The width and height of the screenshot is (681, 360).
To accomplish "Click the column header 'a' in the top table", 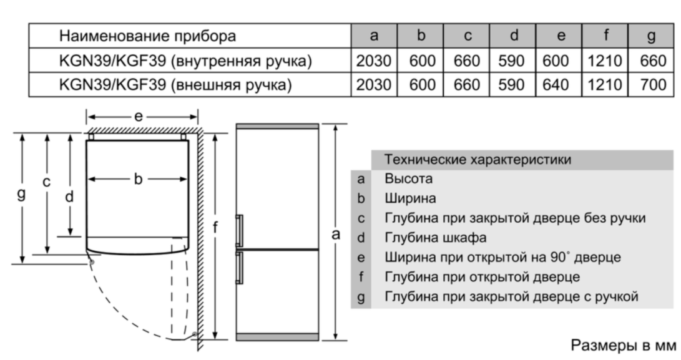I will click(x=374, y=36).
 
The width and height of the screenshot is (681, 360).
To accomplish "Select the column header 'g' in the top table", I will click(x=652, y=36).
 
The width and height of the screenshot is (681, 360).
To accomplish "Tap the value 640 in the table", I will click(x=560, y=84).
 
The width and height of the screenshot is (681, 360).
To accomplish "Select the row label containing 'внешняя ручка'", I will click(x=175, y=84).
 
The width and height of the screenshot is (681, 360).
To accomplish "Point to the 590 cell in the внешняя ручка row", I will click(x=513, y=84).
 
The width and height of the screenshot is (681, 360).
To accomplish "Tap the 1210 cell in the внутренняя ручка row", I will click(x=604, y=61).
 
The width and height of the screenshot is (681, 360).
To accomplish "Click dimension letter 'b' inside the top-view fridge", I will click(x=139, y=180).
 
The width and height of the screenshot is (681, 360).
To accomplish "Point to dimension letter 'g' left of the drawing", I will click(x=21, y=194).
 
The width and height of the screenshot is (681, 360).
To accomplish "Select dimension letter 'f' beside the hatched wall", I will click(x=216, y=228).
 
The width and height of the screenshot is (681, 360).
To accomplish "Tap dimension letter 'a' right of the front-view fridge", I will click(x=336, y=235).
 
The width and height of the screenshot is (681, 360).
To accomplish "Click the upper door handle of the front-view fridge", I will click(x=238, y=230).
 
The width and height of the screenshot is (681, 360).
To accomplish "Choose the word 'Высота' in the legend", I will click(x=409, y=179).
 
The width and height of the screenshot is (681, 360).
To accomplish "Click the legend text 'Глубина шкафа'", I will click(x=436, y=237).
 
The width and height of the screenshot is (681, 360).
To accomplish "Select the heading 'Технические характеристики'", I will click(x=478, y=160).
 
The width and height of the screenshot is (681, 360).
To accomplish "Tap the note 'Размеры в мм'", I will click(x=622, y=345).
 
